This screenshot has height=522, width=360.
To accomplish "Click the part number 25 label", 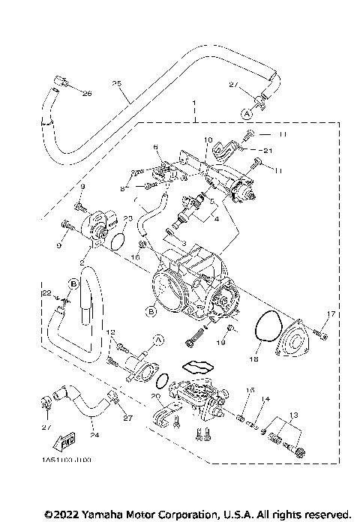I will coord(116,82).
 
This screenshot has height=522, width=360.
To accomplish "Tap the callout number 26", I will coord(86,93).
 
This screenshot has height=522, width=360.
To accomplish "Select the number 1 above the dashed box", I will coord(193,103).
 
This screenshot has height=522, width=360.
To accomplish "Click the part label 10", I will coord(208,139).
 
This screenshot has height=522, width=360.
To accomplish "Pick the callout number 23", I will coord(128,219).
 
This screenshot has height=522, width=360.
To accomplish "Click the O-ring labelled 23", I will coord(118,240).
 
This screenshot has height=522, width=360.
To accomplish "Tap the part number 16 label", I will coord(136,256).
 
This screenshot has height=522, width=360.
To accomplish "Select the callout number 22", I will coord(46,292).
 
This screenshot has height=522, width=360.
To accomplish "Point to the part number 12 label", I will coord(109,331).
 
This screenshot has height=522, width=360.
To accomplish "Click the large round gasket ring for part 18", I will coord(262,331).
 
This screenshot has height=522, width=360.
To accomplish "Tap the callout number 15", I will coord(251,390).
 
